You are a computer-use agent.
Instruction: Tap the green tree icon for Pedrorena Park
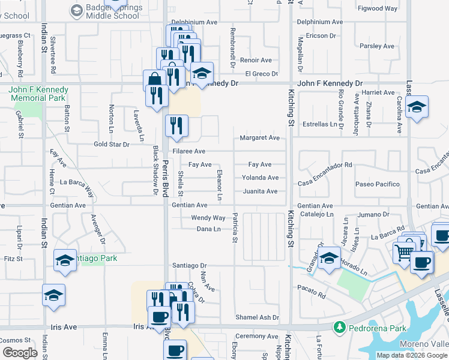coord(340,327)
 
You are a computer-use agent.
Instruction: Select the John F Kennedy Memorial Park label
coord(38,93)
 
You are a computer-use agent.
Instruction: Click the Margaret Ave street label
coord(259,138)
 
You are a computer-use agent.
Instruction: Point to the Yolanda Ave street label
coord(260,178)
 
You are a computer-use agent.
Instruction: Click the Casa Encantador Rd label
coord(325,165)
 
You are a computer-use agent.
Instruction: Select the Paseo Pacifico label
coord(377,184)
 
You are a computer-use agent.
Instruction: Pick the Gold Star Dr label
coord(112,145)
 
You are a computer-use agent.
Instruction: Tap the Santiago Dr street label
coord(189,265)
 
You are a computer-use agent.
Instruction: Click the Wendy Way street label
coord(208,218)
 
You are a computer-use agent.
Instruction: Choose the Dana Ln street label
coord(209,229)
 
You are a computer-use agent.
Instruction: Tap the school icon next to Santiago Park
coord(65,260)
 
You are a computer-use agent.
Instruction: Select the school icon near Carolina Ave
coord(417,107)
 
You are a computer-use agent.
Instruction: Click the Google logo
coord(20,353)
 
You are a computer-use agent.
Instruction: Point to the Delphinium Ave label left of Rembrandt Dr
coord(196,22)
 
